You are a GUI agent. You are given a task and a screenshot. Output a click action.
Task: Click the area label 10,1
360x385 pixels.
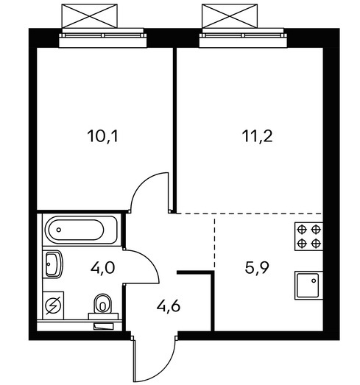[x=102, y=136]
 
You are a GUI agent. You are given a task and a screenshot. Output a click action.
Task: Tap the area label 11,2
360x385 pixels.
[x=257, y=136]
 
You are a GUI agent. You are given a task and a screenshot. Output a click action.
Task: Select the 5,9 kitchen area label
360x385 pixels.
[x=257, y=267]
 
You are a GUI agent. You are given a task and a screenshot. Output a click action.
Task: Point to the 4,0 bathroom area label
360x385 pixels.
[x=102, y=268]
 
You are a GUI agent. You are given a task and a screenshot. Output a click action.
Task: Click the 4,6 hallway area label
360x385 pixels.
[x=169, y=306]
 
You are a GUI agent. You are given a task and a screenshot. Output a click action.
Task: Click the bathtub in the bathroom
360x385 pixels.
[x=80, y=230]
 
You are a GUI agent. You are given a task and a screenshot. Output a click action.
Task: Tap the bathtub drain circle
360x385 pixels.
[x=58, y=230]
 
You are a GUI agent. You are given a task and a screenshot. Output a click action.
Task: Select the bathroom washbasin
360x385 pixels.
[x=53, y=264]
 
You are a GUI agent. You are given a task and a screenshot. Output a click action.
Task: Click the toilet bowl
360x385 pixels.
[x=102, y=304]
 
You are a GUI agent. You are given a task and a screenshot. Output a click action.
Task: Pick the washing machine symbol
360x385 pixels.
[x=53, y=305]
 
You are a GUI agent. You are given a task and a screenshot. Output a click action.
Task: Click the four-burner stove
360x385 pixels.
[x=309, y=236]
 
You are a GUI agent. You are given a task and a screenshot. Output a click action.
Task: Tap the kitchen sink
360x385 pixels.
[x=309, y=286]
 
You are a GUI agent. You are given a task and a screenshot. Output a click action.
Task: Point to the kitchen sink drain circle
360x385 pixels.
[x=314, y=280]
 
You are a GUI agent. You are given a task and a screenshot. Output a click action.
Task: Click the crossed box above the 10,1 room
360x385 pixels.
[x=90, y=16]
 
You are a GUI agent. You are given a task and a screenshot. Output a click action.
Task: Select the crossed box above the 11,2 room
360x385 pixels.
[x=230, y=16]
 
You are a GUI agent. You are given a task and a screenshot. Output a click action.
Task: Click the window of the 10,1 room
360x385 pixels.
[x=102, y=38]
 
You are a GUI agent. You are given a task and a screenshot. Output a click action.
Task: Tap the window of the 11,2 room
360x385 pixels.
[x=243, y=38]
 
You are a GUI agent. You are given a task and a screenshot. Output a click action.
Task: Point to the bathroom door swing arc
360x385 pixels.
[x=150, y=261]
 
